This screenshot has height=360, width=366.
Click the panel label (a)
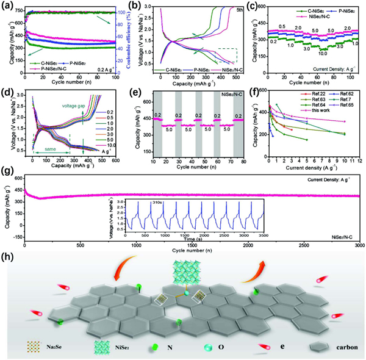(8, 6)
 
